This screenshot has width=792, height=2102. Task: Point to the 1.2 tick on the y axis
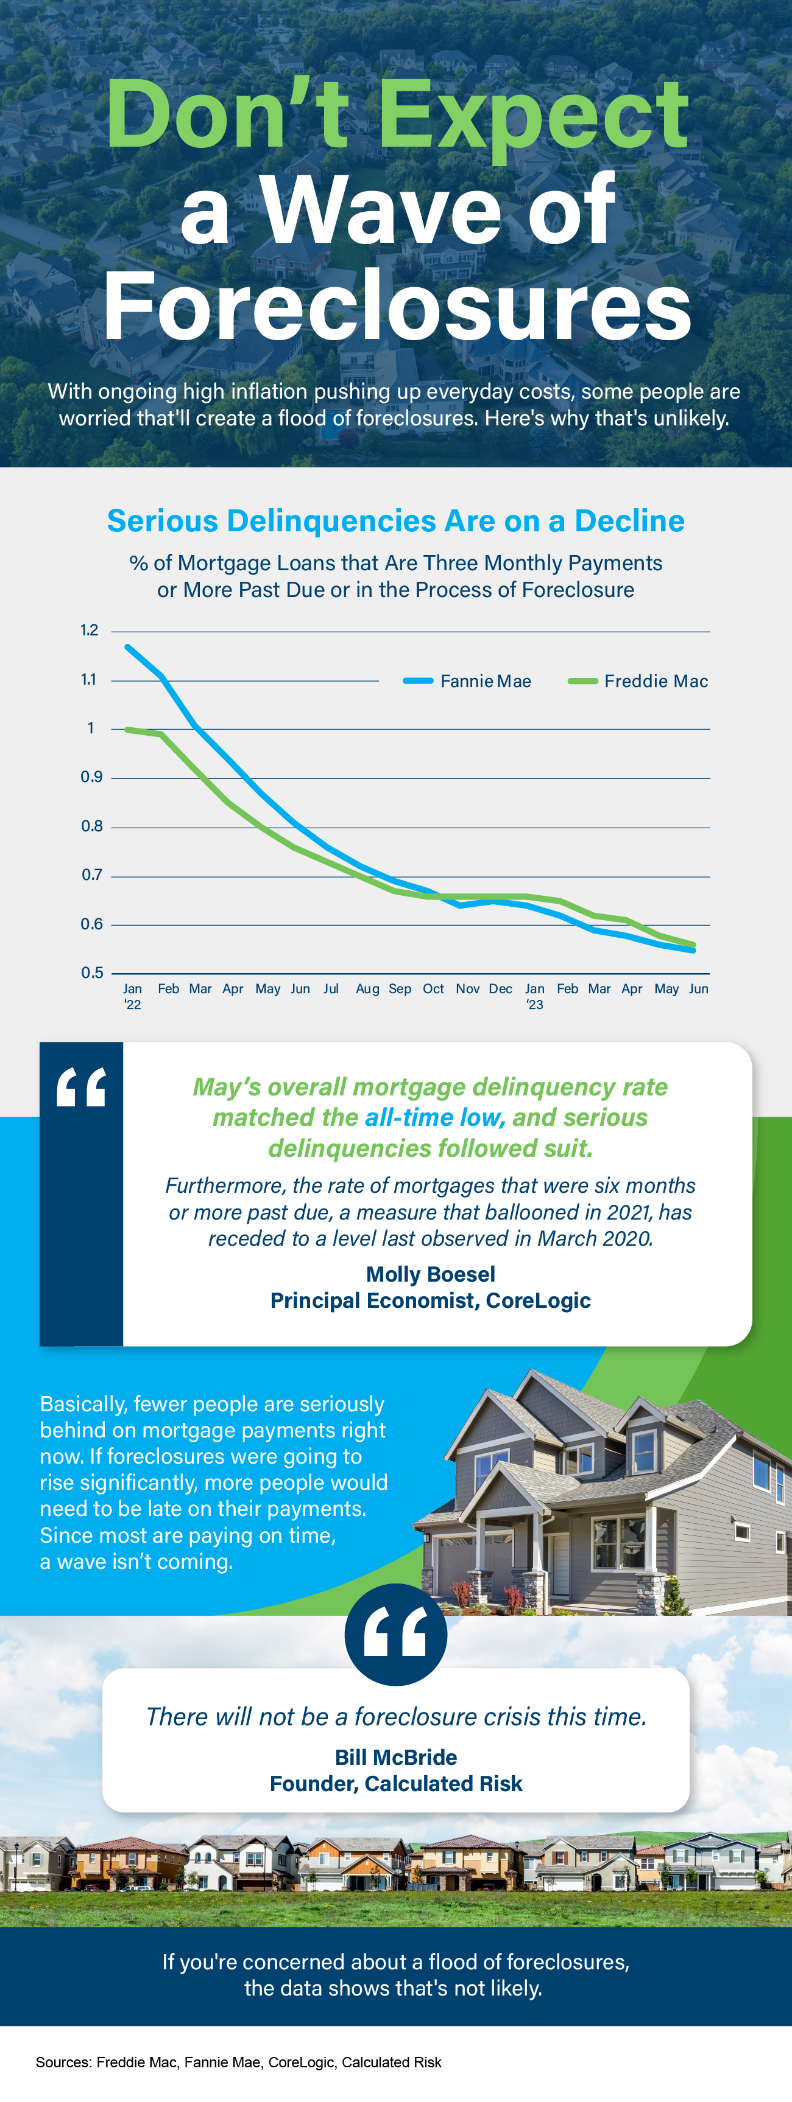click(x=89, y=630)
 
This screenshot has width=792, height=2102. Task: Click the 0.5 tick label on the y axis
click(x=91, y=972)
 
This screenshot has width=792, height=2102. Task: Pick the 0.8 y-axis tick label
click(x=91, y=826)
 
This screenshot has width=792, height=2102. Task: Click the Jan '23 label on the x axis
click(x=535, y=996)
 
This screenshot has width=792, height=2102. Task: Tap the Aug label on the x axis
click(x=367, y=988)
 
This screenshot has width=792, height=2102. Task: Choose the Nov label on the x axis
click(x=467, y=988)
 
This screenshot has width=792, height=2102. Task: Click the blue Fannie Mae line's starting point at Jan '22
click(x=127, y=646)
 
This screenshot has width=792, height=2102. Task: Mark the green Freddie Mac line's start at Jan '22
click(x=127, y=728)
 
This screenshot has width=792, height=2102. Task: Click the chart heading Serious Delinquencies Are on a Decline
click(x=396, y=520)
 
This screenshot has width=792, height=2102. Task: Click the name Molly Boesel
click(x=430, y=1274)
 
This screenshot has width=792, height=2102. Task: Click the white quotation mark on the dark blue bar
click(x=81, y=1087)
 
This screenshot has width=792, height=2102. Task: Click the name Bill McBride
click(x=396, y=1757)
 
